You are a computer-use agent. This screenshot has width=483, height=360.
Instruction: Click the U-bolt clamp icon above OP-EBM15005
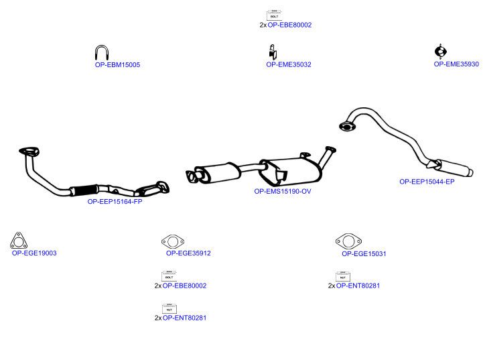point(96,53)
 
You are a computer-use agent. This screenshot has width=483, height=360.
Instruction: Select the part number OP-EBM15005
point(117,65)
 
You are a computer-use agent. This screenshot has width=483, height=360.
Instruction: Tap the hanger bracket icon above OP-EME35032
point(273,52)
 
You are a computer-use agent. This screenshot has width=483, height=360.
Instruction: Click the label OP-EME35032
point(289,64)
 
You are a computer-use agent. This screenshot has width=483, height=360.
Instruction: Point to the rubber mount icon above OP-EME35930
point(441,52)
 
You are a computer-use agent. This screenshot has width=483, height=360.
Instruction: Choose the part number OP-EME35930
point(456,64)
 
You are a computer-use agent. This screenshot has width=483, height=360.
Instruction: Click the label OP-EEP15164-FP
point(115,202)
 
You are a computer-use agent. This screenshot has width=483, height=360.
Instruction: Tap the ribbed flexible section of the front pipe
point(84,190)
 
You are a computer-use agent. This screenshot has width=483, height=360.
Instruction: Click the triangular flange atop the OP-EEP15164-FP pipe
point(29,152)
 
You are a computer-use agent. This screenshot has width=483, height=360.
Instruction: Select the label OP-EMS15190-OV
point(283,191)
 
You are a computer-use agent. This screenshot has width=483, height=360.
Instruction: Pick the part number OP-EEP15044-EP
point(427,182)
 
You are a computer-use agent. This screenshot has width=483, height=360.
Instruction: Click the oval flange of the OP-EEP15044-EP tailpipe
point(347,127)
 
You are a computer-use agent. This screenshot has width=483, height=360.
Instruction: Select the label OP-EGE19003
point(34,253)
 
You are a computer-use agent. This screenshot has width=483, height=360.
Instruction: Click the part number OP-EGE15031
point(364,253)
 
